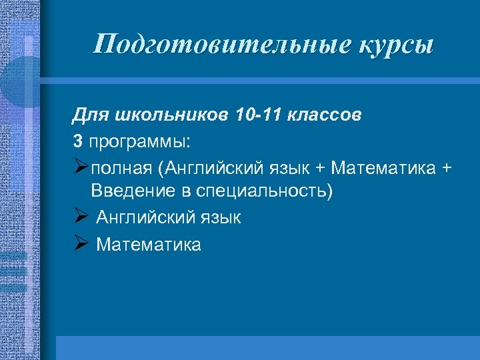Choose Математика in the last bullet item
pyautogui.click(x=149, y=245)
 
